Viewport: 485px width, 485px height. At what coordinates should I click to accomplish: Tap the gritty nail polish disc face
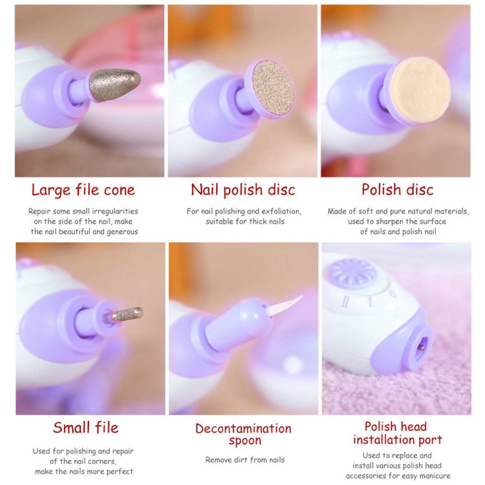point(272,87)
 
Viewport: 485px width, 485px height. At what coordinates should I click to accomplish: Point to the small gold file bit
point(127,314)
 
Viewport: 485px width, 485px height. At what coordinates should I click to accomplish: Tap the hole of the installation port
point(421,348)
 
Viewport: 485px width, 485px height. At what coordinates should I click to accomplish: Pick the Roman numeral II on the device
point(345,301)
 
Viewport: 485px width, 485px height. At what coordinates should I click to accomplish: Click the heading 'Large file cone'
point(83,190)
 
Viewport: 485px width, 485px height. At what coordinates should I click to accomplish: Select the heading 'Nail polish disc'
point(243,190)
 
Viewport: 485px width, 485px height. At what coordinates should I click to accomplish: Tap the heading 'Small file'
point(85,427)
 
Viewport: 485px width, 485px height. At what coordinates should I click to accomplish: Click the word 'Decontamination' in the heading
point(243,428)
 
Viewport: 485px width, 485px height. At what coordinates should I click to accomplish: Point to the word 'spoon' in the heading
point(245,440)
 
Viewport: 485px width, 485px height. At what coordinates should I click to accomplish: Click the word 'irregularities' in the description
point(115,211)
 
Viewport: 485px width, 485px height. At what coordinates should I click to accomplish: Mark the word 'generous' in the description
point(122,232)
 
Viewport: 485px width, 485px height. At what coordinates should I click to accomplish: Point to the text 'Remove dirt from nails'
point(245,460)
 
